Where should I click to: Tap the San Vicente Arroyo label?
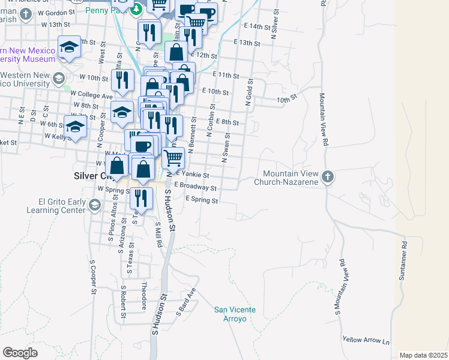point(235,314)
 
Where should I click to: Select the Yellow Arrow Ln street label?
point(366,340)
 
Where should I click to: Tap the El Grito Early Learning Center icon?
point(94,206)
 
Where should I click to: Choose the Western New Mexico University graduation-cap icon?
point(58,78)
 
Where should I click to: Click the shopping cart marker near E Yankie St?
point(173,158)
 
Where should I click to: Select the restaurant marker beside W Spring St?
point(140,197)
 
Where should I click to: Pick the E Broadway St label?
point(194,187)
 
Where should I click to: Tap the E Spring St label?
point(201,200)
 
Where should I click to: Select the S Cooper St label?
point(93,277)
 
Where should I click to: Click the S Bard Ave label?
point(186,302)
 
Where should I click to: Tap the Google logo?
point(20,353)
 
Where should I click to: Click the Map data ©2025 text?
point(423,355)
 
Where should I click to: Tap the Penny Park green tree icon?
point(136,8)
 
